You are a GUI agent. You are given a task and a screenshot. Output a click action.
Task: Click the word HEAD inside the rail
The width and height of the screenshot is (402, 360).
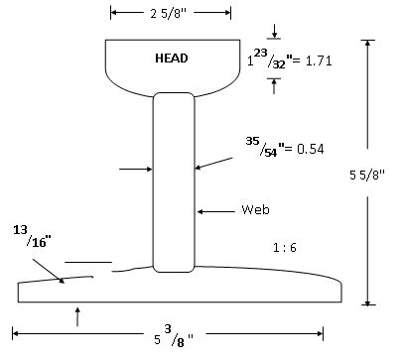pos(171,59)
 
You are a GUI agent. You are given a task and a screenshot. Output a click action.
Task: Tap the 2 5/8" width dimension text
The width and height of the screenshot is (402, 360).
pos(172,13)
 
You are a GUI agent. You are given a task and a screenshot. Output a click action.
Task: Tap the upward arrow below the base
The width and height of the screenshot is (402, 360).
pos(77,315)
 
